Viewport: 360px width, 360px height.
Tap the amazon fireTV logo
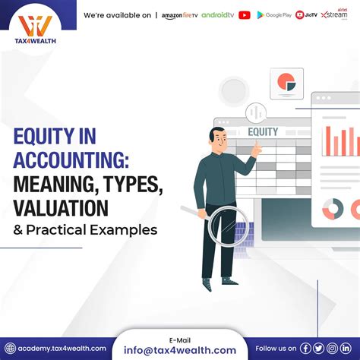180,15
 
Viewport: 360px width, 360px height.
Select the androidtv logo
217,15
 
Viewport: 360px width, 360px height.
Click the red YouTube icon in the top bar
244,15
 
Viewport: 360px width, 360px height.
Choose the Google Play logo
274,15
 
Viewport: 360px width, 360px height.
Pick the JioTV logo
306,15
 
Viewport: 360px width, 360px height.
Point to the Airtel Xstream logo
334,14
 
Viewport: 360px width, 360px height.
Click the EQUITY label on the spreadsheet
263,131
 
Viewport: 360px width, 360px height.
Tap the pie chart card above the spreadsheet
286,83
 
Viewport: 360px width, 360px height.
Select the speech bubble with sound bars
256,112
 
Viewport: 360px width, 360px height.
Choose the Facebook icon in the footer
305,348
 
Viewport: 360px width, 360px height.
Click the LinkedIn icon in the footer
346,348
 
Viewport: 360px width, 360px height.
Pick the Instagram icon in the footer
332,348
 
